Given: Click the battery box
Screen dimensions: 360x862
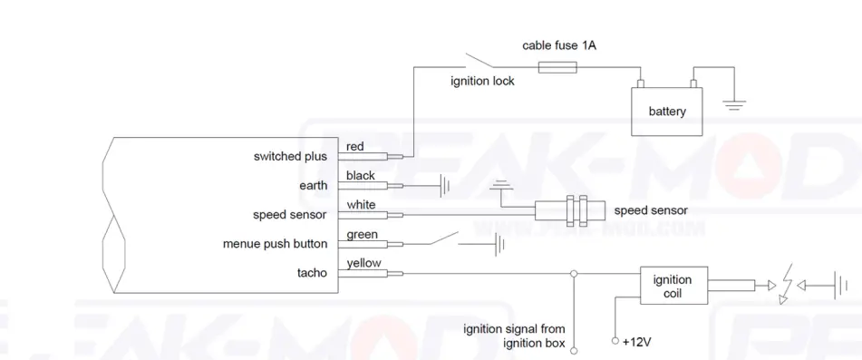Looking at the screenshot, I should [x=667, y=112].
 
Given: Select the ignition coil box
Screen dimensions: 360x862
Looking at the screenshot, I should [x=672, y=287].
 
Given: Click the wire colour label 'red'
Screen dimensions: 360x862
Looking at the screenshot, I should [x=355, y=146].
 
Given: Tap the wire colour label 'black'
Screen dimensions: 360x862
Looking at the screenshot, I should [x=360, y=175].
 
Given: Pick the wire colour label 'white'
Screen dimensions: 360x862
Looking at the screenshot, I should [x=361, y=205].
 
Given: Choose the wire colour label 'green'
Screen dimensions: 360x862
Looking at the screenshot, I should [x=362, y=235].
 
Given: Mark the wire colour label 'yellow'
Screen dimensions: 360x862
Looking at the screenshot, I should [x=364, y=264].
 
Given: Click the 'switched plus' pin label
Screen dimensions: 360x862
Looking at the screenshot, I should [x=290, y=156].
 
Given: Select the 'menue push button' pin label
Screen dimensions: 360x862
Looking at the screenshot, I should [x=275, y=244].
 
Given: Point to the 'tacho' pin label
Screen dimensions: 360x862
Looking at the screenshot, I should [x=312, y=273].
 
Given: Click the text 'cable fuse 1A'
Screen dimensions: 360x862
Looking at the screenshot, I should [x=559, y=44].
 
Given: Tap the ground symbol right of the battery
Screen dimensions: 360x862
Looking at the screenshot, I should [x=735, y=105].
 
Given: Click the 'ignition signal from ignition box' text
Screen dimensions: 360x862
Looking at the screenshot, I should [x=514, y=336].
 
